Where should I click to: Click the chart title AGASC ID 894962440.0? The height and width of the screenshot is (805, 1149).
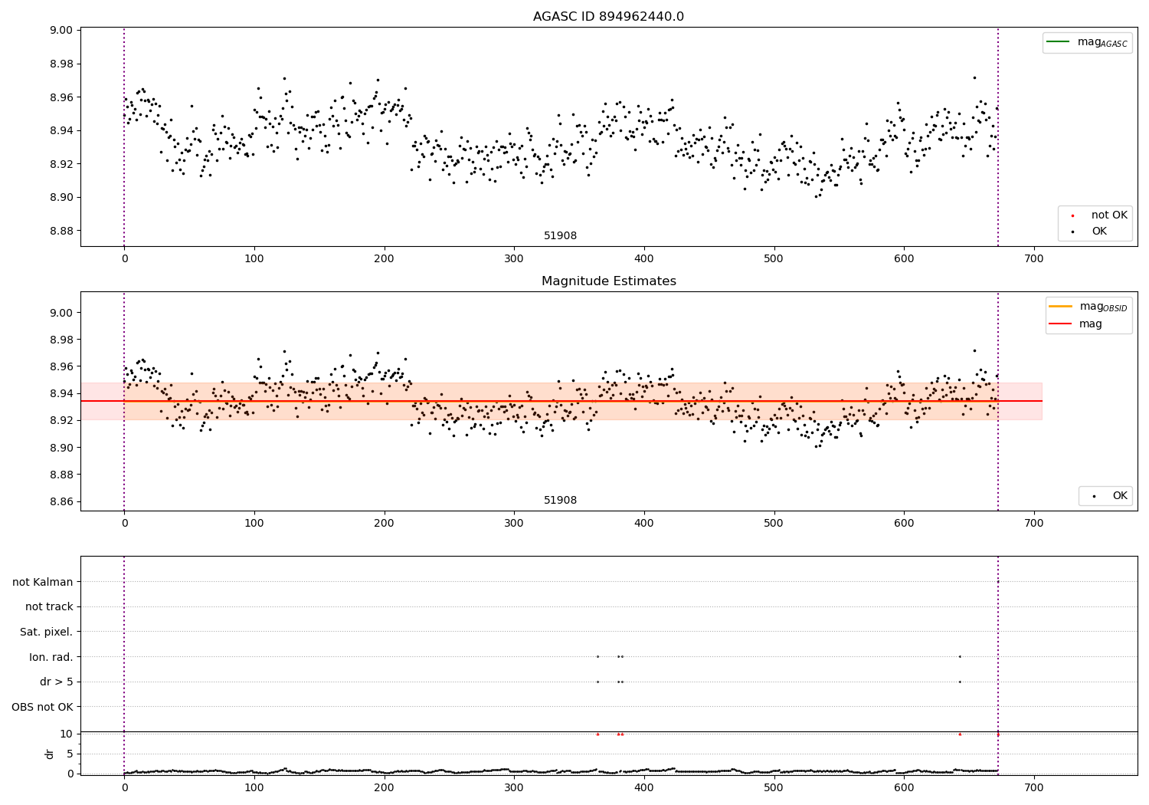608,17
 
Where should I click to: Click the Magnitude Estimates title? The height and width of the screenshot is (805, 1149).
608,281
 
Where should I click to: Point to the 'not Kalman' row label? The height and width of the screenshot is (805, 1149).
43,582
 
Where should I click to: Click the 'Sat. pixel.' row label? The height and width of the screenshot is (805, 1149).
47,632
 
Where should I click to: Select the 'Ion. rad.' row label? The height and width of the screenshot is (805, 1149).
51,657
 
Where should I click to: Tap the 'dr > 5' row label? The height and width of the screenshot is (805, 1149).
57,682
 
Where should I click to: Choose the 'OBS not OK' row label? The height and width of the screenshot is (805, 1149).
43,707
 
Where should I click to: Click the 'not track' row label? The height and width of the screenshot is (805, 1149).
49,606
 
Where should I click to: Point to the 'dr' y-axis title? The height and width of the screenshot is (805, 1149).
50,754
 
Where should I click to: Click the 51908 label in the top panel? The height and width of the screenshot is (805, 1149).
560,236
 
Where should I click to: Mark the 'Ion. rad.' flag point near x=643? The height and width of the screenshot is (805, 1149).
960,656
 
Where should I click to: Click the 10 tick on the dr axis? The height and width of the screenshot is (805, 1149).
67,734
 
